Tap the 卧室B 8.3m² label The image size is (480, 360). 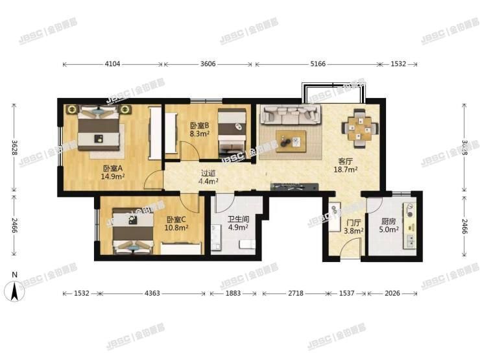(198, 130)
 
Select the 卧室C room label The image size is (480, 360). (176, 224)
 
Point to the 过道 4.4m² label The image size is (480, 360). (208, 177)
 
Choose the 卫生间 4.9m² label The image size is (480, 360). (236, 224)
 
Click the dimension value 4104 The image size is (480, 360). (113, 64)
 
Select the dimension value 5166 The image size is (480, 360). (318, 64)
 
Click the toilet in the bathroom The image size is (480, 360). (246, 245)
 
